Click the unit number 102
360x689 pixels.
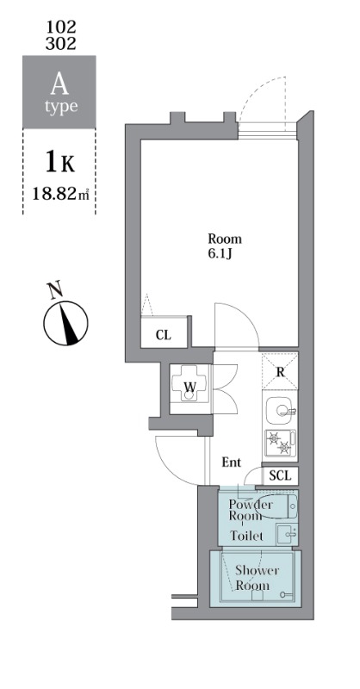pyautogui.click(x=59, y=26)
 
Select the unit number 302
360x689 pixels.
pyautogui.click(x=59, y=42)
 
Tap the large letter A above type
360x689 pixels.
pyautogui.click(x=59, y=84)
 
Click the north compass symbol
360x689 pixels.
pyautogui.click(x=66, y=322)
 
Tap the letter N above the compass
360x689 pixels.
pyautogui.click(x=56, y=290)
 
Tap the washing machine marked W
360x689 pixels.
pyautogui.click(x=189, y=387)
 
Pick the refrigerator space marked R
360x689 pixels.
pyautogui.click(x=280, y=372)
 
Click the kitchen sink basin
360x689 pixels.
pyautogui.click(x=279, y=411)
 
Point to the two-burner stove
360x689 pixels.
pyautogui.click(x=280, y=444)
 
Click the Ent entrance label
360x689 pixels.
pyautogui.click(x=231, y=462)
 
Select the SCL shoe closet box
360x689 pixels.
pyautogui.click(x=281, y=475)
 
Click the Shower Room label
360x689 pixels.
pyautogui.click(x=252, y=578)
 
